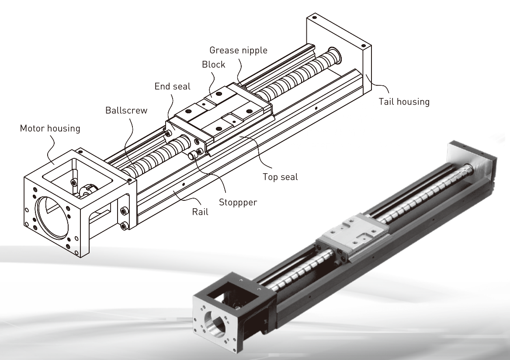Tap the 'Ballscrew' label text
pyautogui.click(x=126, y=110)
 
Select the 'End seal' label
pyautogui.click(x=173, y=86)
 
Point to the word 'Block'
pyautogui.click(x=213, y=64)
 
